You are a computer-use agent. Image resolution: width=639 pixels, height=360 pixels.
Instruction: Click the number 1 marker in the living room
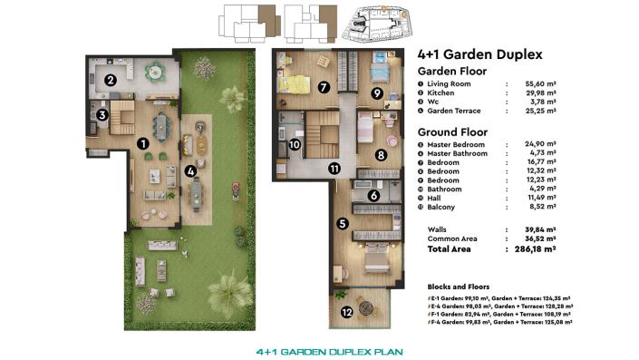click(142, 143)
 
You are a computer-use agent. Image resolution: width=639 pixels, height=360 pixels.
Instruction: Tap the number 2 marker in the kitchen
click(110, 80)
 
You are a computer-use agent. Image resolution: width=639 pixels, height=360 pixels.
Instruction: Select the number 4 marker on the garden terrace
click(190, 170)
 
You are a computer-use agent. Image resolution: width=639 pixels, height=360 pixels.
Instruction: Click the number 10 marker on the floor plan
click(295, 145)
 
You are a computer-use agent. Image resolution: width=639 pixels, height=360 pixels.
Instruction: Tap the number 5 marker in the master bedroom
click(342, 223)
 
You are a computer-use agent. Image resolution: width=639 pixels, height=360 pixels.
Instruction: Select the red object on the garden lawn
click(234, 190)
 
